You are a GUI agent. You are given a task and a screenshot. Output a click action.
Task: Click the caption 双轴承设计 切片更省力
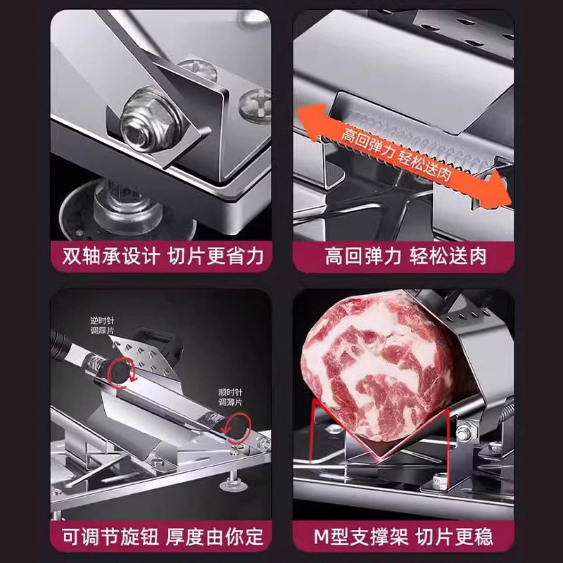pyautogui.click(x=160, y=255)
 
